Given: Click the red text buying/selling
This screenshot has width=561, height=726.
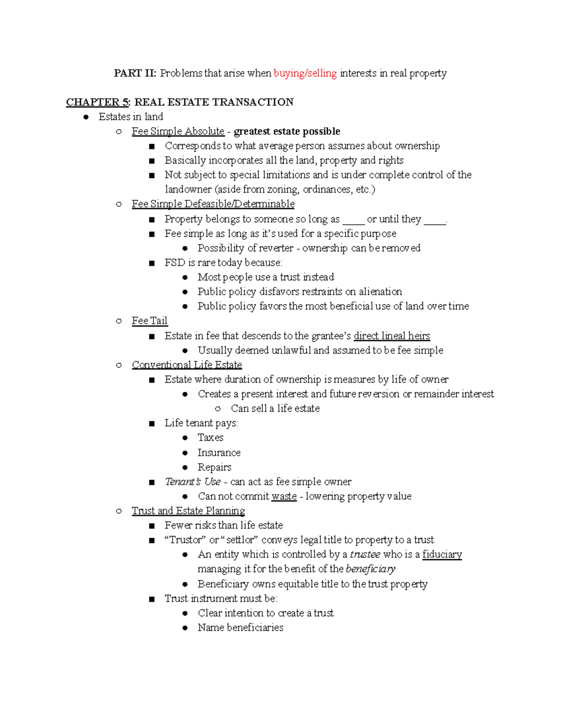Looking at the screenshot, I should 305,73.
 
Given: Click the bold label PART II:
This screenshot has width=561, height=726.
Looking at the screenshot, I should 135,73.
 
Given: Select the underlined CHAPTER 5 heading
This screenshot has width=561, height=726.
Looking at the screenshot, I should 97,102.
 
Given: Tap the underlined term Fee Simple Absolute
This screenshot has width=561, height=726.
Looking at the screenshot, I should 178,131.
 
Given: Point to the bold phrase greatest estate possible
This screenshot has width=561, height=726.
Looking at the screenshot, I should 287,131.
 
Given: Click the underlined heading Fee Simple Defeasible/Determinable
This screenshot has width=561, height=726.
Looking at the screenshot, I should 213,204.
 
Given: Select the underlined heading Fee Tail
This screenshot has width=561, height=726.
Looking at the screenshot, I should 149,321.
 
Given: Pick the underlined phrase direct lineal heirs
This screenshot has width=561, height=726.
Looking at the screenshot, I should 391,336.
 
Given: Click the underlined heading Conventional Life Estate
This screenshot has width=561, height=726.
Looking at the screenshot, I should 187,365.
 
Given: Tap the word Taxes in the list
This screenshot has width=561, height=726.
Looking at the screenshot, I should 210,438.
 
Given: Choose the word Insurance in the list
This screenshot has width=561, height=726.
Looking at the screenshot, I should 219,453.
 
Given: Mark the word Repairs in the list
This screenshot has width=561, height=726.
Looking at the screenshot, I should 214,467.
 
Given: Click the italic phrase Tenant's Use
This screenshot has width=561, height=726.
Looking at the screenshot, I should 192,482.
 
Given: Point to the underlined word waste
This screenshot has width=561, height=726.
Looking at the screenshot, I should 284,496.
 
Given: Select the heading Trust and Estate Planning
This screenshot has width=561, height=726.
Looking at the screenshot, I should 188,510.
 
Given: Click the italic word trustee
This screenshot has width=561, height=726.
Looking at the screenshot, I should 365,554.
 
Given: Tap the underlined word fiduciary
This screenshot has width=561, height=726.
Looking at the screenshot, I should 442,554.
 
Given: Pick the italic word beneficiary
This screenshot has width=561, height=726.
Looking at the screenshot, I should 370,569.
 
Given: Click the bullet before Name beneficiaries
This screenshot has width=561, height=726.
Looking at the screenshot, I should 185,628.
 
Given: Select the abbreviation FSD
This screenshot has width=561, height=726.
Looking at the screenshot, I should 174,263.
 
